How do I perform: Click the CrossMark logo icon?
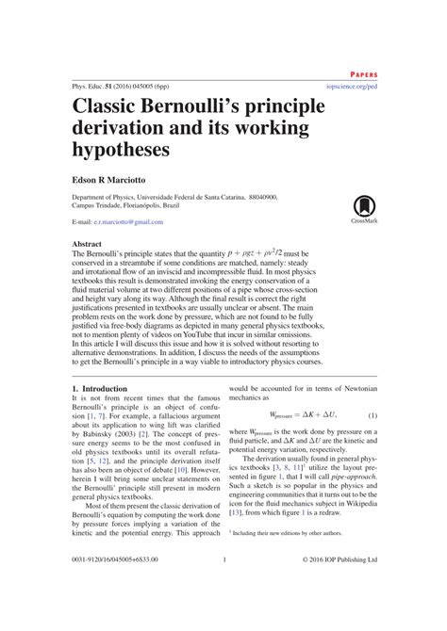[364, 209]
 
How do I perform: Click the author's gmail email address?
[136, 221]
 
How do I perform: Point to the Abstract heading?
[90, 244]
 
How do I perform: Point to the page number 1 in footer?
[224, 586]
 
